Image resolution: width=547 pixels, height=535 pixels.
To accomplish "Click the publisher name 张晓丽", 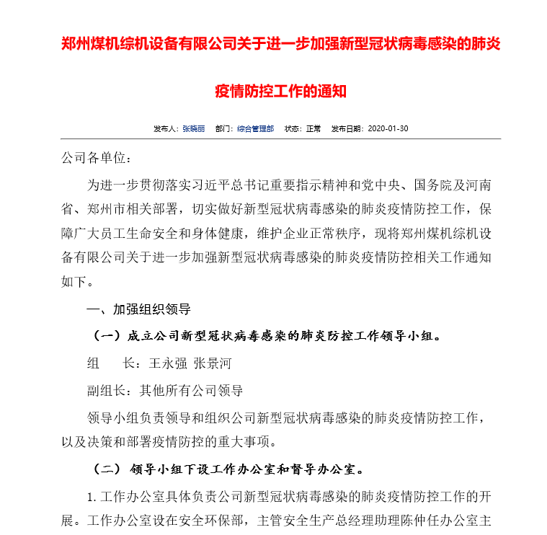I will (x=193, y=128).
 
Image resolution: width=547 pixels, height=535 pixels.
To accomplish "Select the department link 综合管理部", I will (x=255, y=128).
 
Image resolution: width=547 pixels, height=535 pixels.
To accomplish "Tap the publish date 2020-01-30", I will (x=388, y=128).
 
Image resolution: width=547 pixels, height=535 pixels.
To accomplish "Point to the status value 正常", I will (x=313, y=128).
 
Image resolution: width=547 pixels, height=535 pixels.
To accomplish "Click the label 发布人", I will (x=165, y=128).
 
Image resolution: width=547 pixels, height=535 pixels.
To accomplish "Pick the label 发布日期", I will (x=347, y=128).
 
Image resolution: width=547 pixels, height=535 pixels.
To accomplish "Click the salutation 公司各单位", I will (x=94, y=158).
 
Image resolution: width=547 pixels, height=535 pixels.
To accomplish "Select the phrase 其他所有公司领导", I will (x=191, y=391).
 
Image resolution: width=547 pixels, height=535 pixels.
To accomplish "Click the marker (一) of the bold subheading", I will (x=107, y=336).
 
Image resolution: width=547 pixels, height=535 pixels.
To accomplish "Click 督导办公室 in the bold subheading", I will (x=324, y=469).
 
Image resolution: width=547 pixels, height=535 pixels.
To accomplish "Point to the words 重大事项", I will (x=244, y=441).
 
